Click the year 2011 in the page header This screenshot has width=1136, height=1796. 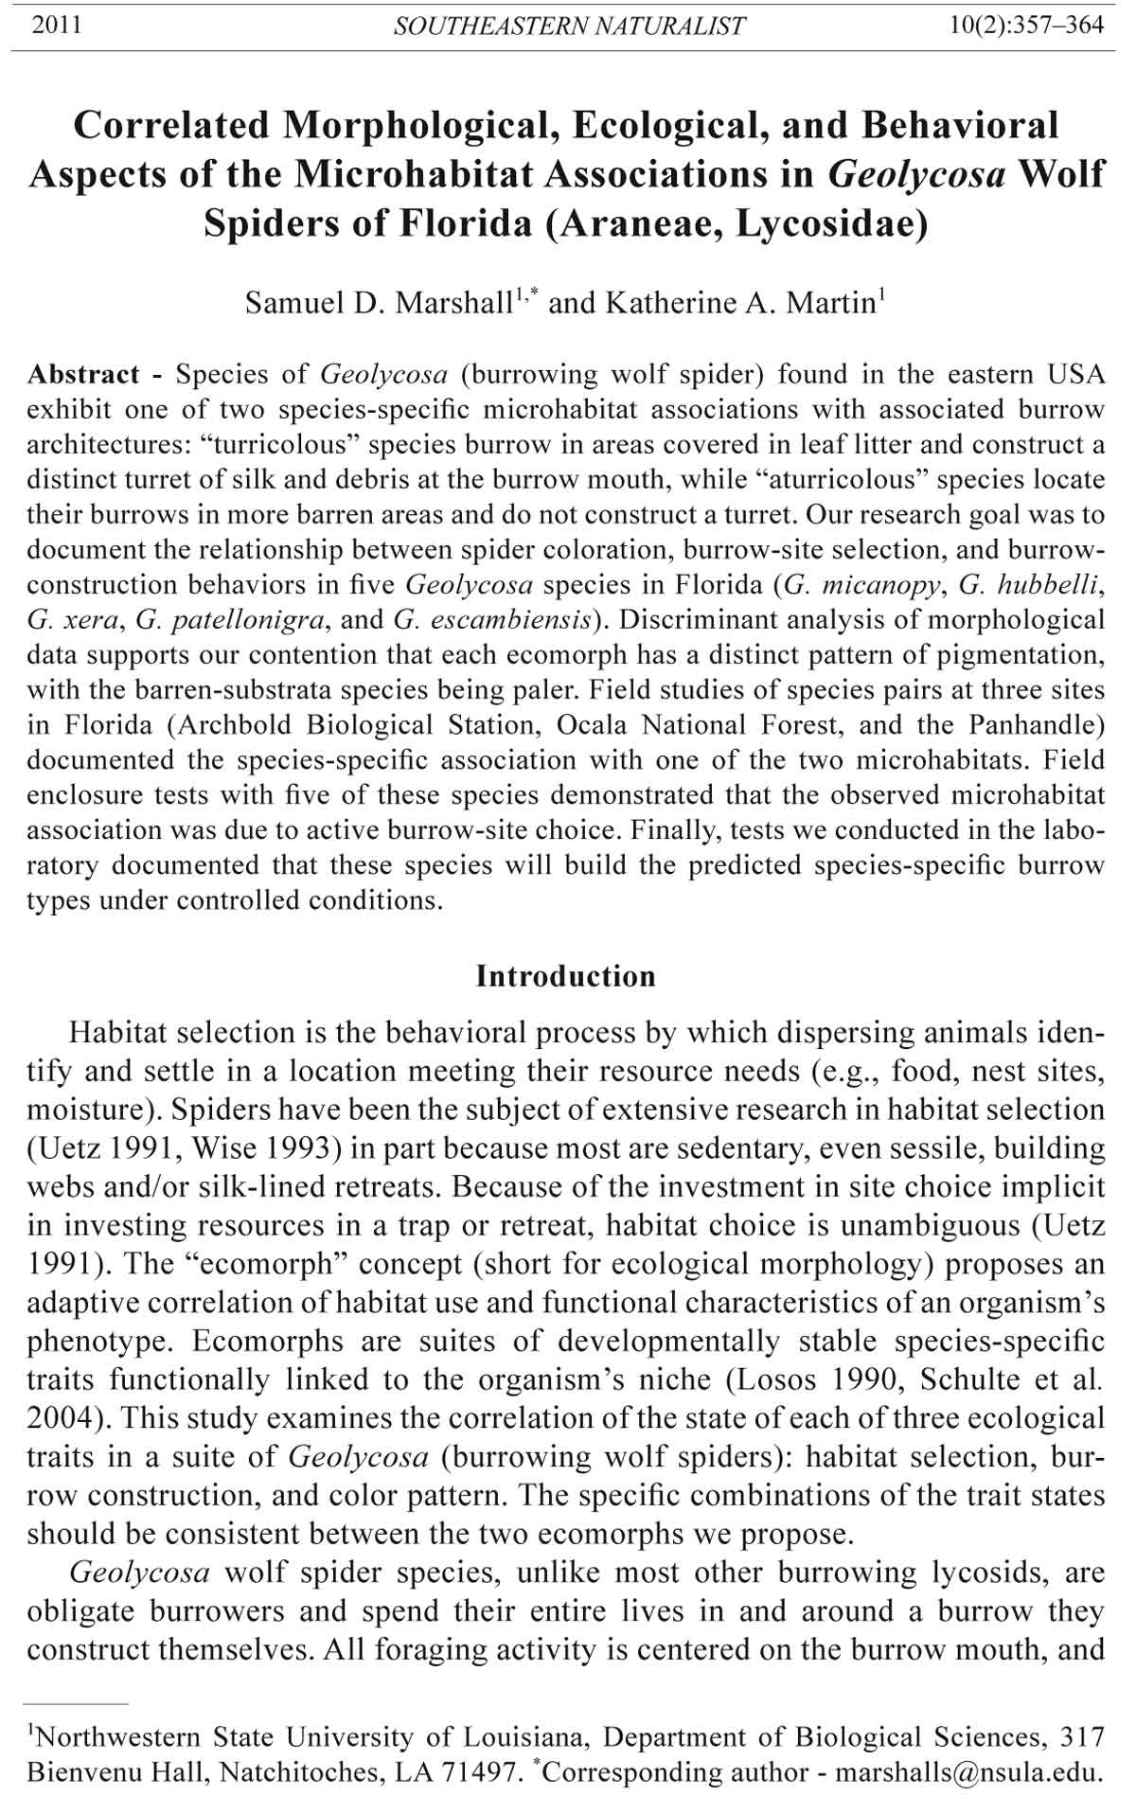click(x=56, y=25)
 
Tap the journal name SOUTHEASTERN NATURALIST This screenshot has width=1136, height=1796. click(x=569, y=26)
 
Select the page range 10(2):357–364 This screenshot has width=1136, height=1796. click(x=1026, y=25)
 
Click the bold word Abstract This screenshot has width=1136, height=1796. click(x=83, y=374)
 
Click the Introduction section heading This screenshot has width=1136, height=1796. click(x=565, y=976)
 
